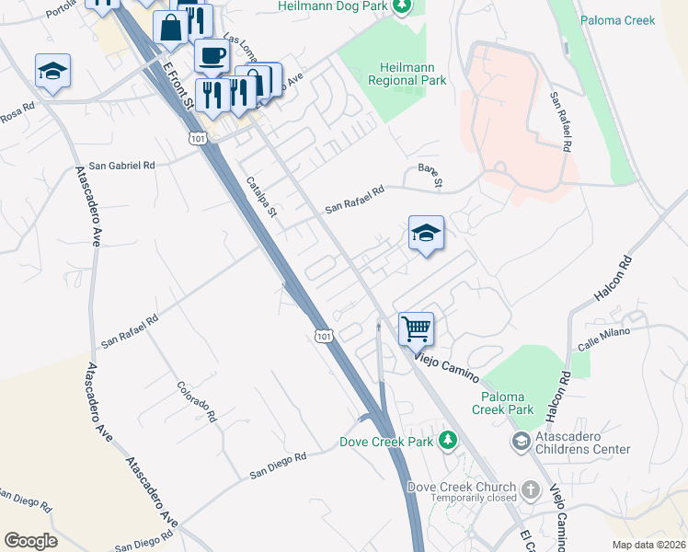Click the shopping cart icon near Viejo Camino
pos(417,328)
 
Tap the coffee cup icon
pos(212,54)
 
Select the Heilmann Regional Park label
pos(414,74)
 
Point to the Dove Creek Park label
pos(385,442)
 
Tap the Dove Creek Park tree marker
pos(448,441)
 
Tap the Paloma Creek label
pos(616,18)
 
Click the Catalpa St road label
pos(260,197)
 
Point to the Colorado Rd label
pos(198,402)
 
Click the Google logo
pos(30,541)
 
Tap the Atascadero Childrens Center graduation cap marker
pos(521,443)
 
